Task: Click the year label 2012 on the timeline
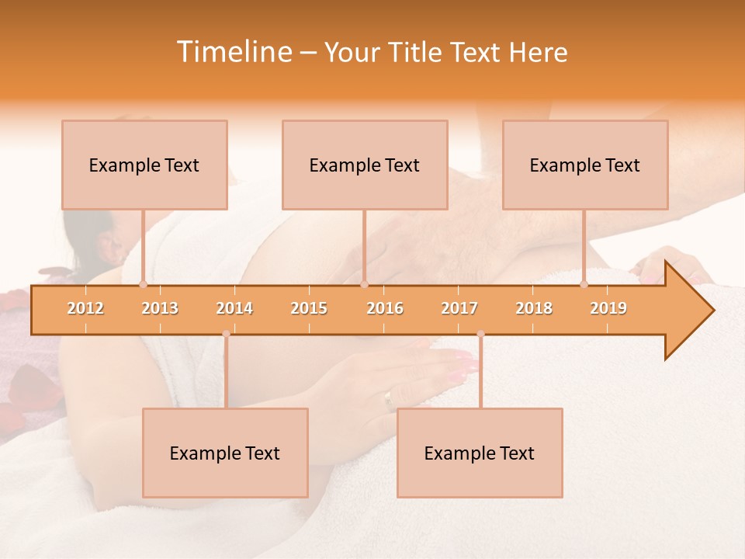click(85, 308)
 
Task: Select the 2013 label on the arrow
click(160, 308)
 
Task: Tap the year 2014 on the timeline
click(234, 308)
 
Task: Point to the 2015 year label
click(309, 308)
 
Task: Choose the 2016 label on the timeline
click(385, 308)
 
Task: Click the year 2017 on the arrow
click(459, 308)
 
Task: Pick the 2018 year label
click(534, 308)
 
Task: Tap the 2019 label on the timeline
click(608, 308)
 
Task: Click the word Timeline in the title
click(233, 52)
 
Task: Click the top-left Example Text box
click(144, 165)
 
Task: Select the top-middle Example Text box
click(365, 165)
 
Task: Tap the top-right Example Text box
click(585, 165)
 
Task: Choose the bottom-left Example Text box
click(225, 453)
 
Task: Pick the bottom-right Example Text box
click(480, 453)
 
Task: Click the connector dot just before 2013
click(143, 285)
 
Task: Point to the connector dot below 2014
click(226, 334)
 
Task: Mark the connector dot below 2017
click(480, 334)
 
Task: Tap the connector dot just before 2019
click(584, 285)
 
